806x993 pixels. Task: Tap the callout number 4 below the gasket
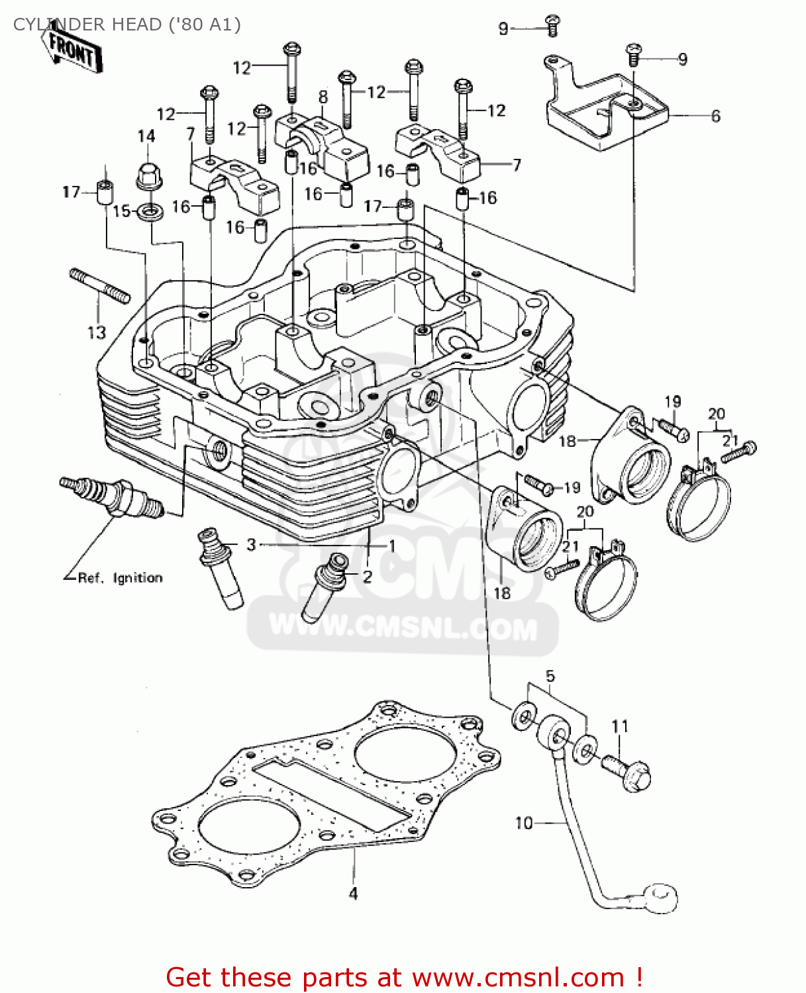[353, 894]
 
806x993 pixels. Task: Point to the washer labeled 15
[150, 213]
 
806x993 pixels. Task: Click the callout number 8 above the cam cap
[323, 97]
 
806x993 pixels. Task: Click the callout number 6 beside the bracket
[715, 116]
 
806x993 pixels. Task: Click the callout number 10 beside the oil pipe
[523, 823]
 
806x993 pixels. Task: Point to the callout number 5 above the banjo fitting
[550, 677]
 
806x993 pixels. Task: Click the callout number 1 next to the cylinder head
[392, 545]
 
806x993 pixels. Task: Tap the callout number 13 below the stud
[97, 332]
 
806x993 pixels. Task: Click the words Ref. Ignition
[120, 578]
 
